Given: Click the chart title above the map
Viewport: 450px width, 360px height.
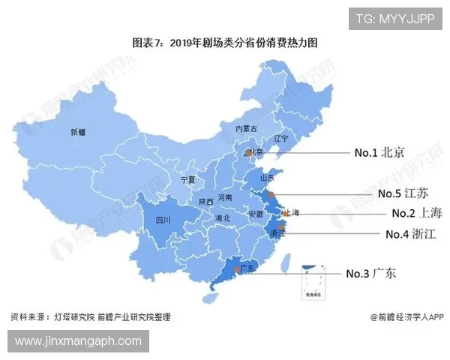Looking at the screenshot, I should point(224,43).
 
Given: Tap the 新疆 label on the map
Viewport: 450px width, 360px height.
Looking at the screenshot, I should point(78,133).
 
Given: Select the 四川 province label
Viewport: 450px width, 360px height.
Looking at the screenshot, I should point(163,220).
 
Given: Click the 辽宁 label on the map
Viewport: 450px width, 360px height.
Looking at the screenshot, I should point(281,139).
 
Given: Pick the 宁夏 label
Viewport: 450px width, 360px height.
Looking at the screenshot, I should point(187,180).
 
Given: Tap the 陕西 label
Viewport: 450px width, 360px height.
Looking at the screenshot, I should point(206,202).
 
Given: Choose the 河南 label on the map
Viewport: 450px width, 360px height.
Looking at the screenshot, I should point(224,198).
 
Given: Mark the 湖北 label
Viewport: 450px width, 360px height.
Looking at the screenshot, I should point(222,218).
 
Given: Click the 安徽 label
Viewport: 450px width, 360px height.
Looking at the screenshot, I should point(255,214).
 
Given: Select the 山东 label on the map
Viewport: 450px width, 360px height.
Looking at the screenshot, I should point(267,178).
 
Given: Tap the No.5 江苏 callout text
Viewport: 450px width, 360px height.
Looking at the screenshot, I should point(403,193).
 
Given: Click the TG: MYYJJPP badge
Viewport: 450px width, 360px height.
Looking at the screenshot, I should point(394,18).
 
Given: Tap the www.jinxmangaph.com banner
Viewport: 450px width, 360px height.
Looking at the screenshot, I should point(78,341).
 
